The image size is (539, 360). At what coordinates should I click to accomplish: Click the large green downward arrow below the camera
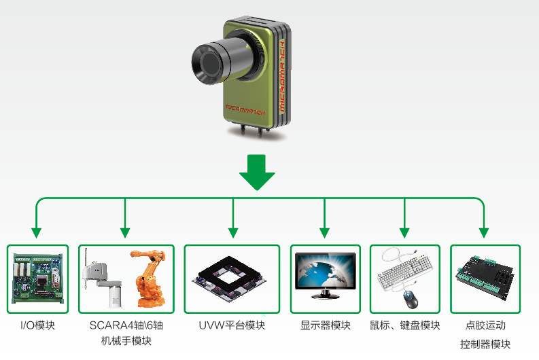coord(257,174)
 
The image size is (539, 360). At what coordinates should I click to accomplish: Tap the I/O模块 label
coord(37,325)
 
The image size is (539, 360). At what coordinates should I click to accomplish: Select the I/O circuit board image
coord(37,278)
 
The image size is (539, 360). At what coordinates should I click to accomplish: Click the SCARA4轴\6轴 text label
coord(126,325)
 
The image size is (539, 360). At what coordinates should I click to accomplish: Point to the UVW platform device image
coord(232,278)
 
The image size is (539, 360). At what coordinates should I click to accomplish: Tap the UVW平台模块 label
coord(232,325)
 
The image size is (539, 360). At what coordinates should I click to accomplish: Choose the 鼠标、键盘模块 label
coord(405,325)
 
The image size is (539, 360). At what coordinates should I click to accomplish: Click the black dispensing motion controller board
coord(485,277)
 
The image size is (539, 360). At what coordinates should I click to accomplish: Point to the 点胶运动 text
coord(485,325)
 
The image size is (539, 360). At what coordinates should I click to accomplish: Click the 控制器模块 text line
coord(485,344)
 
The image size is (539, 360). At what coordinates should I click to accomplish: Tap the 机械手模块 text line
coord(126,341)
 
